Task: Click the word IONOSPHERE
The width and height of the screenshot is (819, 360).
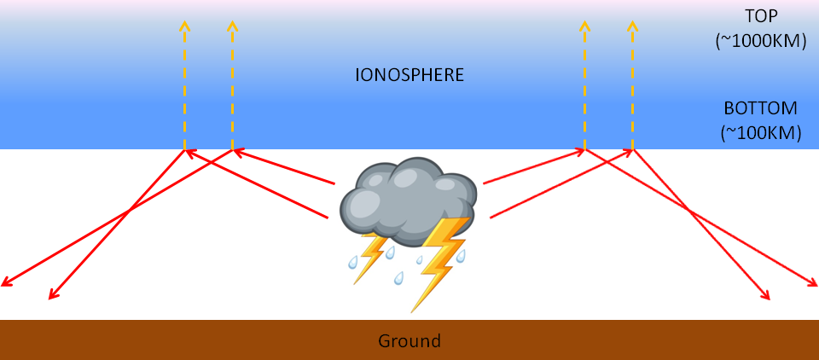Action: (x=409, y=75)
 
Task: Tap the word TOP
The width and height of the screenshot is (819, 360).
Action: (x=762, y=15)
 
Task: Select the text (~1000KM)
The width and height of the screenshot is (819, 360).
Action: (x=762, y=39)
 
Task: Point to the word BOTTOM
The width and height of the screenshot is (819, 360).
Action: (x=760, y=108)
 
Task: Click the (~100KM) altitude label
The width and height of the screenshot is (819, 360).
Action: (x=760, y=132)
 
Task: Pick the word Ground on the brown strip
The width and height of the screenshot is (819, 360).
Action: (x=409, y=341)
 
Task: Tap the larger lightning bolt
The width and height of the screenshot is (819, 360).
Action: (x=441, y=260)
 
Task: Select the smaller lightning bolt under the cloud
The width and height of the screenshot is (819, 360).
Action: (x=371, y=256)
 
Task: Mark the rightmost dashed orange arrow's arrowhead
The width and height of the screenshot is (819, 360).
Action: (x=632, y=26)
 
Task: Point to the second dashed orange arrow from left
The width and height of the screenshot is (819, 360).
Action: (x=232, y=85)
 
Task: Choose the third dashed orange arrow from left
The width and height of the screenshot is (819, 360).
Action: (x=584, y=85)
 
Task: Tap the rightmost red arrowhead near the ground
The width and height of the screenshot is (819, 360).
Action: (x=813, y=283)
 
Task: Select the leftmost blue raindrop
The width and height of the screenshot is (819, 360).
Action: (x=351, y=264)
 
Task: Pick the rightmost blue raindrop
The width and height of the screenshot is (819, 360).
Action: (x=461, y=255)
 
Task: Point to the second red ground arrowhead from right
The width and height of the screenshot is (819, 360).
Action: (x=766, y=297)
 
